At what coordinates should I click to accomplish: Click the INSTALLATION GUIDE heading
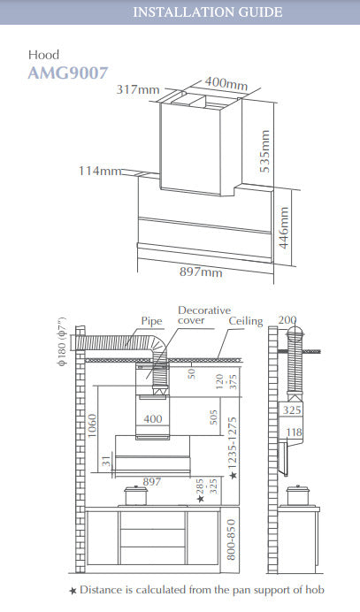point(207,12)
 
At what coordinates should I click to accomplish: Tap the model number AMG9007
point(67,73)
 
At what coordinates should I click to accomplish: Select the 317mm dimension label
point(138,90)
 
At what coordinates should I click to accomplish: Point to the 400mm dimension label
point(226,83)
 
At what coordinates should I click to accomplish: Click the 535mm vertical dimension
point(264,151)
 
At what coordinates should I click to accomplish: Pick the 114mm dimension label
point(100,171)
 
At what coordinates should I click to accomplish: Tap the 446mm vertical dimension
point(284,227)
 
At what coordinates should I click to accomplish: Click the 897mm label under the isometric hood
point(201,272)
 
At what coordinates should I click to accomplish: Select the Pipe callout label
point(151,321)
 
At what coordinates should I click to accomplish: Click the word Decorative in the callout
point(204,310)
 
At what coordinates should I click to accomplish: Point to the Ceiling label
point(246,321)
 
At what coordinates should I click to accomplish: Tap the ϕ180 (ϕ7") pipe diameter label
point(63,340)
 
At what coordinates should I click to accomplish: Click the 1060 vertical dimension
point(92,425)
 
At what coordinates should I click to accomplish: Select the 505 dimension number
point(213,417)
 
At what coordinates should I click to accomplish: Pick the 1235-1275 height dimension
point(233,445)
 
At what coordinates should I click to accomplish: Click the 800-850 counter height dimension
point(231,539)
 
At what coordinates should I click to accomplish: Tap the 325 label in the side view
point(292,410)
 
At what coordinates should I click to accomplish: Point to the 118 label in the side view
point(294,432)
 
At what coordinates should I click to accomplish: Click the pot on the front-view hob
point(135,495)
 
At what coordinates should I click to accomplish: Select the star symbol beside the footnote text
point(73,591)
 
